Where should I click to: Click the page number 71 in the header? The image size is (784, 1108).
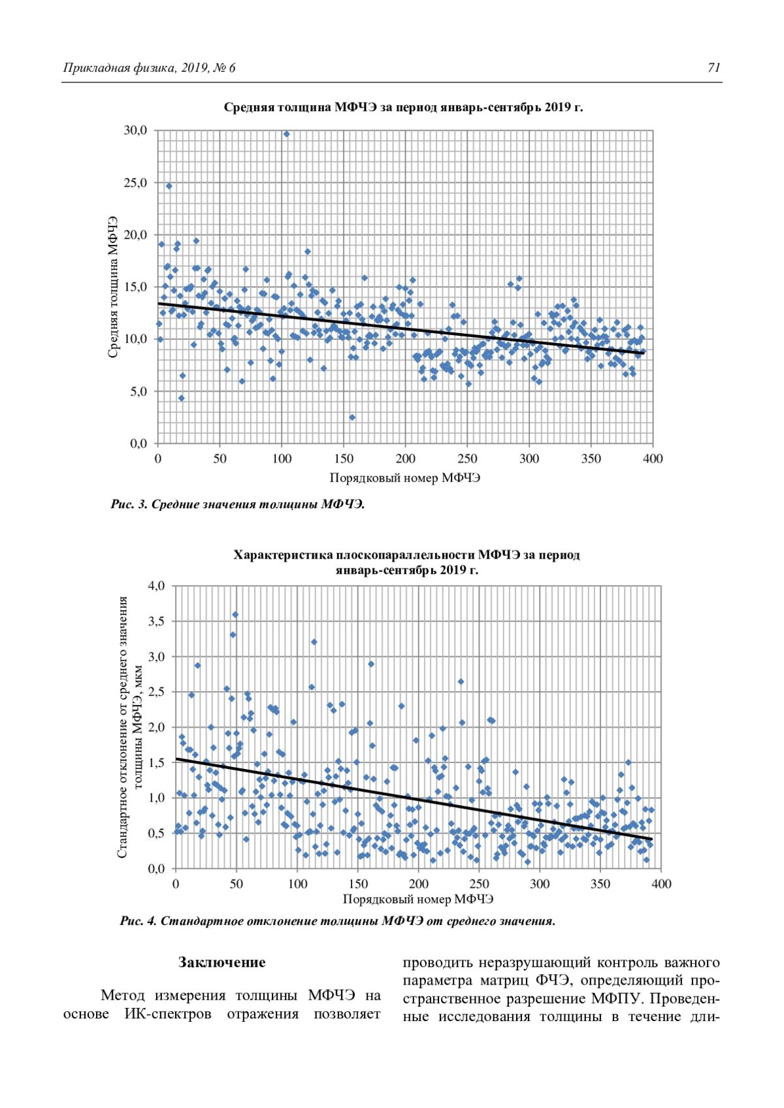pyautogui.click(x=713, y=68)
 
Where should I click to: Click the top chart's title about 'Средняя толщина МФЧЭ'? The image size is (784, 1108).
pyautogui.click(x=403, y=107)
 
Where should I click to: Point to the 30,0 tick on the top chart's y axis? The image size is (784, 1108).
pyautogui.click(x=136, y=131)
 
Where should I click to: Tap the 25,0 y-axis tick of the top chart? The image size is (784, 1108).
pyautogui.click(x=136, y=183)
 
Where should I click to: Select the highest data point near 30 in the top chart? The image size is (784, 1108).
pyautogui.click(x=286, y=134)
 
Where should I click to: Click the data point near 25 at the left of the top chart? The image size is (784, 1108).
pyautogui.click(x=169, y=186)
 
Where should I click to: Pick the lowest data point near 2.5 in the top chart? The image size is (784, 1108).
pyautogui.click(x=352, y=417)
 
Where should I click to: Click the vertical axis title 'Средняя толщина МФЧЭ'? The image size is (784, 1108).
pyautogui.click(x=112, y=287)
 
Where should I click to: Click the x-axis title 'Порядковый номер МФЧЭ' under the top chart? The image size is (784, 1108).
pyautogui.click(x=405, y=478)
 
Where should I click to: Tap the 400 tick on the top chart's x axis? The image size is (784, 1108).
pyautogui.click(x=653, y=459)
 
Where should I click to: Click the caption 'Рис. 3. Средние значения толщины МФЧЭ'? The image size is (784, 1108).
pyautogui.click(x=238, y=504)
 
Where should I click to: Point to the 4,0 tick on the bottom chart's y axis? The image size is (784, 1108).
pyautogui.click(x=156, y=586)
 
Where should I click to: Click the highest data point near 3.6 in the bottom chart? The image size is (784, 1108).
pyautogui.click(x=235, y=615)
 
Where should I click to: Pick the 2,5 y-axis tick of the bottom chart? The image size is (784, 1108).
pyautogui.click(x=156, y=692)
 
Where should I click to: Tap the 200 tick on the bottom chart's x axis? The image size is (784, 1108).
pyautogui.click(x=418, y=885)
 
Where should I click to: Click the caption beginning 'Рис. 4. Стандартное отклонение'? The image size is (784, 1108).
pyautogui.click(x=338, y=921)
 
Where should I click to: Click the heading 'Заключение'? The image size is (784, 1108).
pyautogui.click(x=222, y=962)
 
